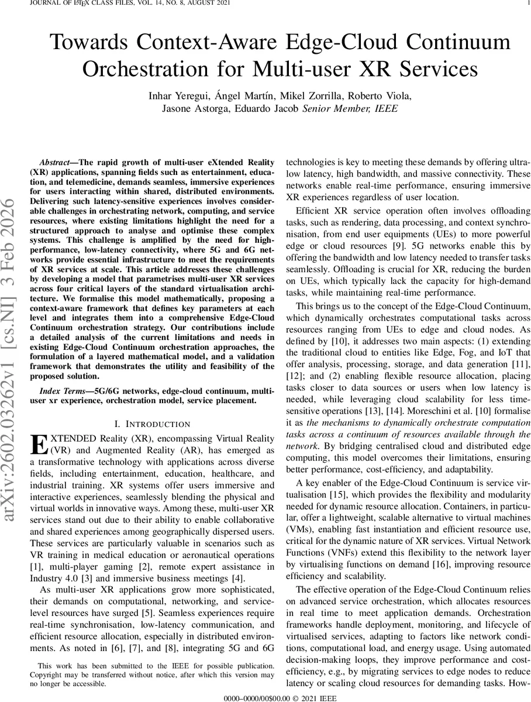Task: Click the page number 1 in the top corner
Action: [527, 4]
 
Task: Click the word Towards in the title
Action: [88, 43]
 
